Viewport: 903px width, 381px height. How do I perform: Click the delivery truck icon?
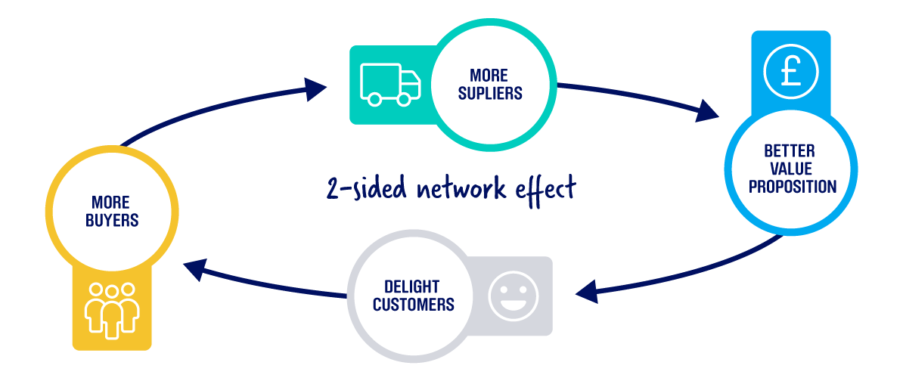(390, 84)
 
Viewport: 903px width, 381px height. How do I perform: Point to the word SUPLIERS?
(490, 94)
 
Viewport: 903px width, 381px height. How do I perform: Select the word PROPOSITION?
(792, 185)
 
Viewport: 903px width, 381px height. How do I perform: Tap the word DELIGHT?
(412, 287)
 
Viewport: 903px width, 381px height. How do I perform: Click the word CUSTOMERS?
(413, 305)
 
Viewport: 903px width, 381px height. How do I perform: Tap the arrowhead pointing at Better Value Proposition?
(706, 113)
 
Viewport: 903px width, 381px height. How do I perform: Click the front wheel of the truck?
(404, 98)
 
